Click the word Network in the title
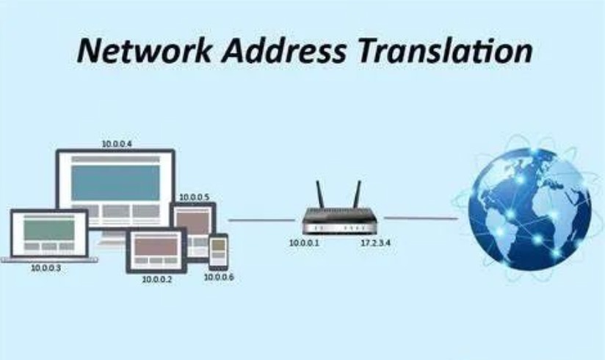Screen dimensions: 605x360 click(x=145, y=51)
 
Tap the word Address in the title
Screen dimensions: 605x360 click(x=284, y=51)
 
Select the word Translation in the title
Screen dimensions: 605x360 click(x=445, y=51)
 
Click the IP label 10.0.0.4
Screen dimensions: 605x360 click(x=117, y=144)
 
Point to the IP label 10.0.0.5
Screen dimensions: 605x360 click(x=195, y=198)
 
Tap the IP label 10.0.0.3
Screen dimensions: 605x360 click(x=46, y=267)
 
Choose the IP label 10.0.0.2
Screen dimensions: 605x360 click(x=157, y=279)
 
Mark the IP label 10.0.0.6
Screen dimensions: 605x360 click(x=219, y=277)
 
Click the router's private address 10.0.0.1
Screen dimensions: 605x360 click(x=305, y=243)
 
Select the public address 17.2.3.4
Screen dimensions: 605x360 click(x=376, y=243)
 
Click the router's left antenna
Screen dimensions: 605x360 click(x=320, y=195)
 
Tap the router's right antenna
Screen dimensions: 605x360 click(x=358, y=195)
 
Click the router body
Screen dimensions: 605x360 click(x=339, y=221)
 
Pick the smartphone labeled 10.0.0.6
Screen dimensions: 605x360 click(x=218, y=251)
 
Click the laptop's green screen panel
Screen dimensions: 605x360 click(x=49, y=229)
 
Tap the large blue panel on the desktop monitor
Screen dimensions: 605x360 click(x=115, y=183)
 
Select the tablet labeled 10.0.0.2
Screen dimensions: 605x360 click(x=156, y=251)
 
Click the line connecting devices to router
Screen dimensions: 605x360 click(x=261, y=220)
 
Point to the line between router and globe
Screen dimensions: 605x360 click(x=421, y=218)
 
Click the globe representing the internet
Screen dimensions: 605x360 click(x=529, y=209)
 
